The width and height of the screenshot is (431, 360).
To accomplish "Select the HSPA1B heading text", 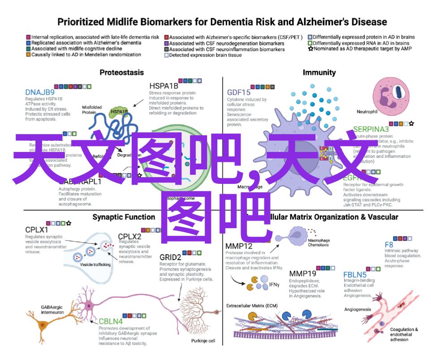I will pyautogui.click(x=164, y=86).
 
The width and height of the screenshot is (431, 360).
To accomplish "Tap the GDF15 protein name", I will pyautogui.click(x=238, y=92).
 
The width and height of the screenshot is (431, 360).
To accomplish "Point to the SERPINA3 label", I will pyautogui.click(x=371, y=130).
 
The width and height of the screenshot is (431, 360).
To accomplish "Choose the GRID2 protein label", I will pyautogui.click(x=170, y=257).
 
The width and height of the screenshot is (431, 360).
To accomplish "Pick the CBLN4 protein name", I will pyautogui.click(x=110, y=321).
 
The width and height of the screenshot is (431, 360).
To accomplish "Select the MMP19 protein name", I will pyautogui.click(x=302, y=273).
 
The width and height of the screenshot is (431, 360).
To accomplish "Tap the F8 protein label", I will pyautogui.click(x=389, y=245).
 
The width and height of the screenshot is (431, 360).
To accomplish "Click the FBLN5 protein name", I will pyautogui.click(x=355, y=275).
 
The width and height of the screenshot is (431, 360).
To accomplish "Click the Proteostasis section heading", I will pyautogui.click(x=121, y=72).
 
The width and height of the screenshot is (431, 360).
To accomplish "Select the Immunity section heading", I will pyautogui.click(x=319, y=72).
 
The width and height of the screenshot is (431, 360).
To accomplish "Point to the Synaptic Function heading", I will pyautogui.click(x=124, y=217).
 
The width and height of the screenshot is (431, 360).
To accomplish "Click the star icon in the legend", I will pyautogui.click(x=310, y=48).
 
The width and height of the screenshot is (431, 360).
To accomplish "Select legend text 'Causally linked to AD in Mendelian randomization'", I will pyautogui.click(x=86, y=55).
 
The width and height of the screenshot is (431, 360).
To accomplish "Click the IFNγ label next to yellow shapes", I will pyautogui.click(x=274, y=284).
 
